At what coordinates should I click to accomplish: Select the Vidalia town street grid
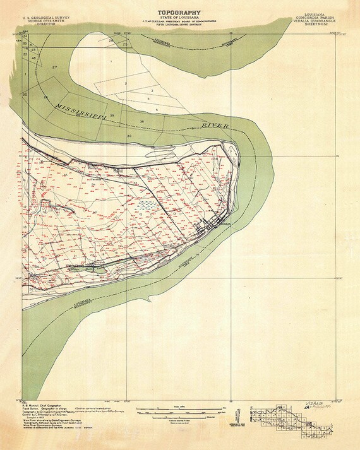pos(211,225)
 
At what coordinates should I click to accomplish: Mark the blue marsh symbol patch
pos(146,204)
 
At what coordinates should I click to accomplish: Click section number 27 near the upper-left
pos(55,67)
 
